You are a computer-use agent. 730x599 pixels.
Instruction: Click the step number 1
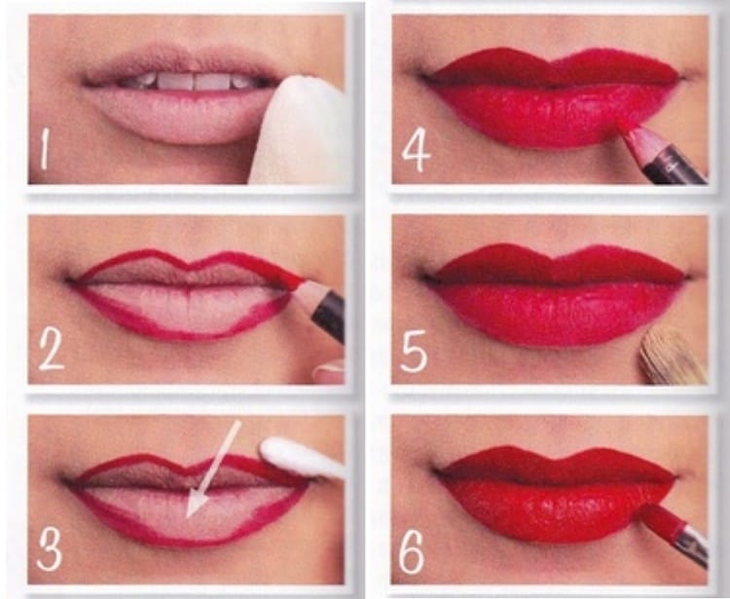pos(45,149)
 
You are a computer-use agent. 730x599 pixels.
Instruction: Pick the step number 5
pos(414,352)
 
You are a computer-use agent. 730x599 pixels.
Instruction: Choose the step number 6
pos(412,552)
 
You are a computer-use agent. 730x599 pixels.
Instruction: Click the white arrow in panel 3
pos(213,469)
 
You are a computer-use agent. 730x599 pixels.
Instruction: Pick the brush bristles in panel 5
pos(671,357)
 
